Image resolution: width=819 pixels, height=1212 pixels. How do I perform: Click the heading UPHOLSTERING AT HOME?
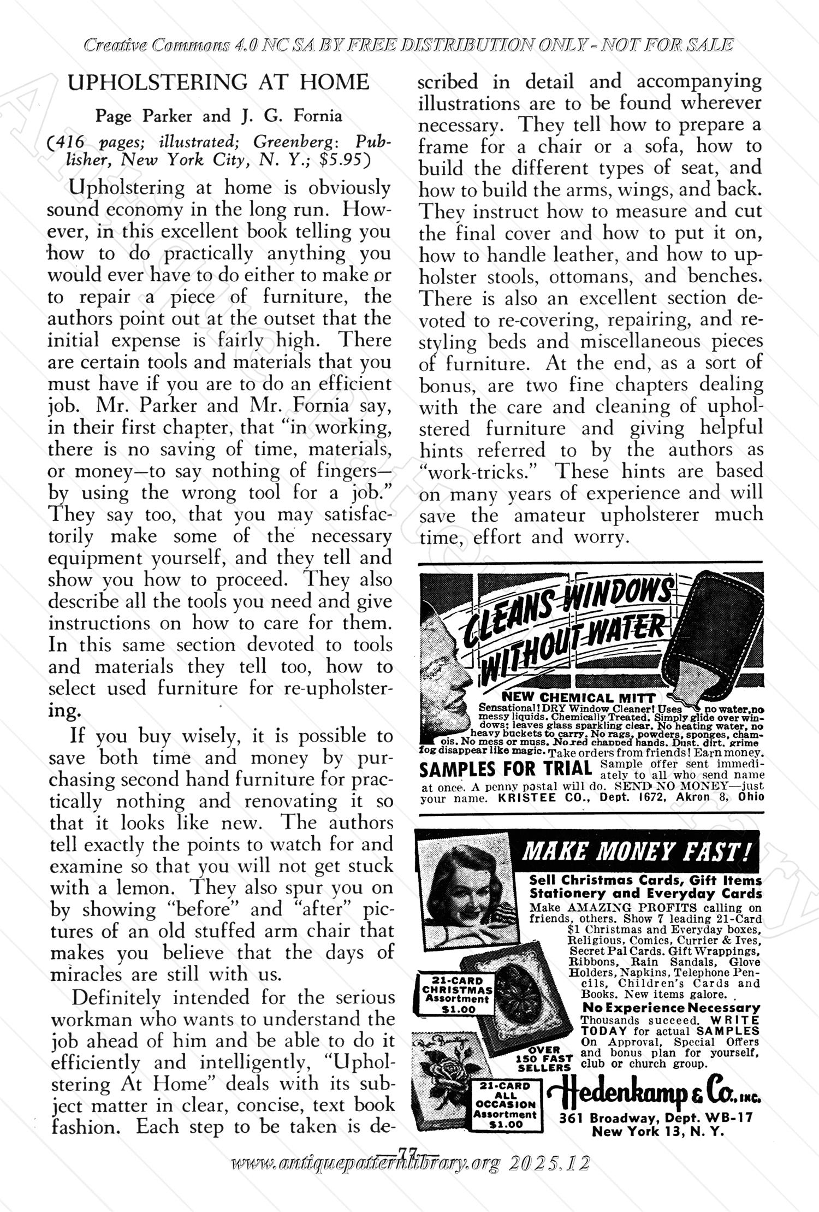pos(218,82)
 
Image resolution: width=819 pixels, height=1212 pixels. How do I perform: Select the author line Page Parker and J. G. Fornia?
pos(218,116)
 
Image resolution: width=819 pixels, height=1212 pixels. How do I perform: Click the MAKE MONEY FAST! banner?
pos(636,851)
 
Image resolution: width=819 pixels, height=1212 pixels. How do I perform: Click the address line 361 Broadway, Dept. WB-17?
pos(655,1118)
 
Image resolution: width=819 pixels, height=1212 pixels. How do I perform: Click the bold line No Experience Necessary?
pos(671,1008)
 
